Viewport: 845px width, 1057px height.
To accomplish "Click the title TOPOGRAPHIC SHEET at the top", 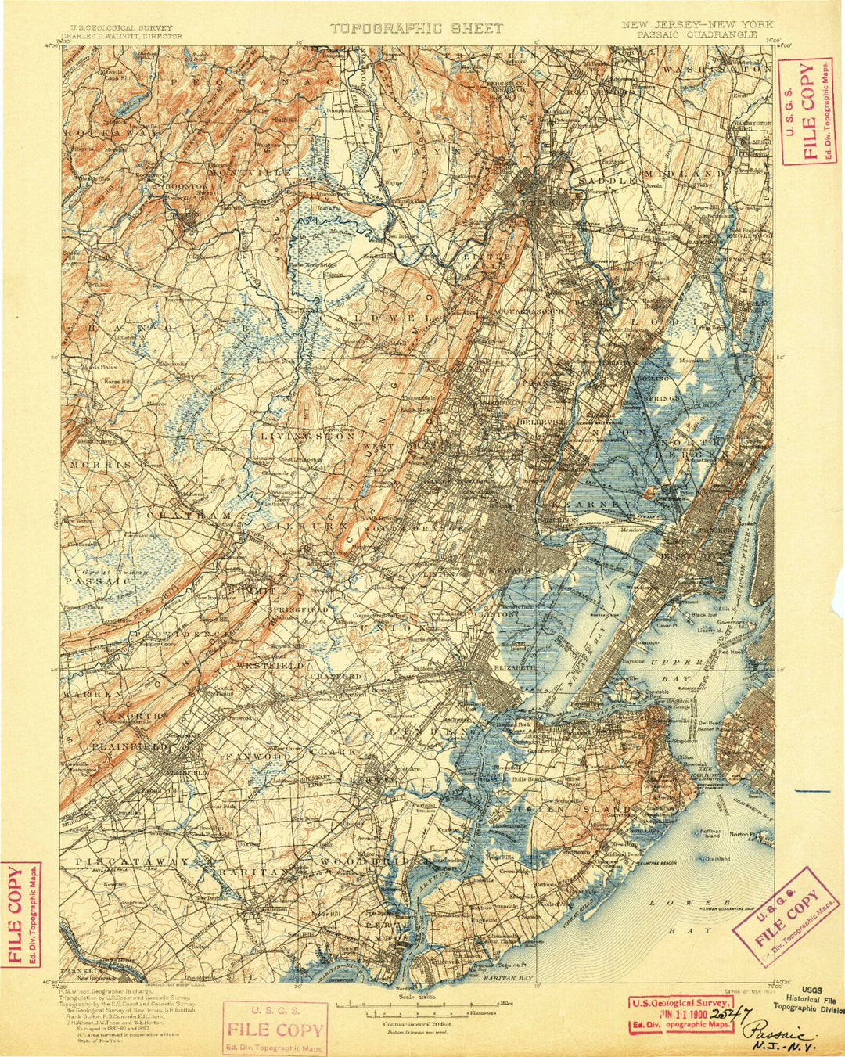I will (415, 28).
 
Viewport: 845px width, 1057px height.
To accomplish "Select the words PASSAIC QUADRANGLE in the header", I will (696, 35).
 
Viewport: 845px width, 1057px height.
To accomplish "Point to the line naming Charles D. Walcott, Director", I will (122, 36).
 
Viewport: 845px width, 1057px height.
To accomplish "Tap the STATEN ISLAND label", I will (567, 808).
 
